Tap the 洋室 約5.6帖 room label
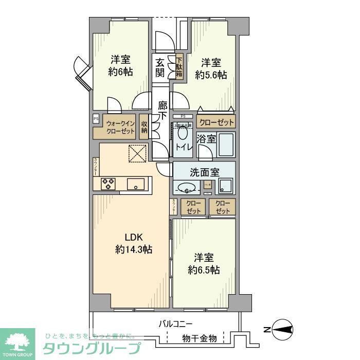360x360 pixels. click(x=211, y=68)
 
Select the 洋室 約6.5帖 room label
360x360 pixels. click(x=204, y=263)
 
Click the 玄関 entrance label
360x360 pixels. click(x=160, y=67)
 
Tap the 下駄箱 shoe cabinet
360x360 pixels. click(x=179, y=66)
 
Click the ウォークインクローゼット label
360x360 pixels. click(x=120, y=127)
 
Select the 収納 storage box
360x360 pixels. click(x=145, y=127)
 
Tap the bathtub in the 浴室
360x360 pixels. click(x=225, y=144)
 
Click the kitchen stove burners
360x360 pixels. click(x=109, y=183)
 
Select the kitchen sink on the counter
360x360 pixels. click(x=137, y=184)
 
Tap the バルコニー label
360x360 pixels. click(x=175, y=324)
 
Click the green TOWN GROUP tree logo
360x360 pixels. click(x=17, y=341)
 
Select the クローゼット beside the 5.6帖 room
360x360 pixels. click(x=216, y=122)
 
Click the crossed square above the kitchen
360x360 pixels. click(x=137, y=153)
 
